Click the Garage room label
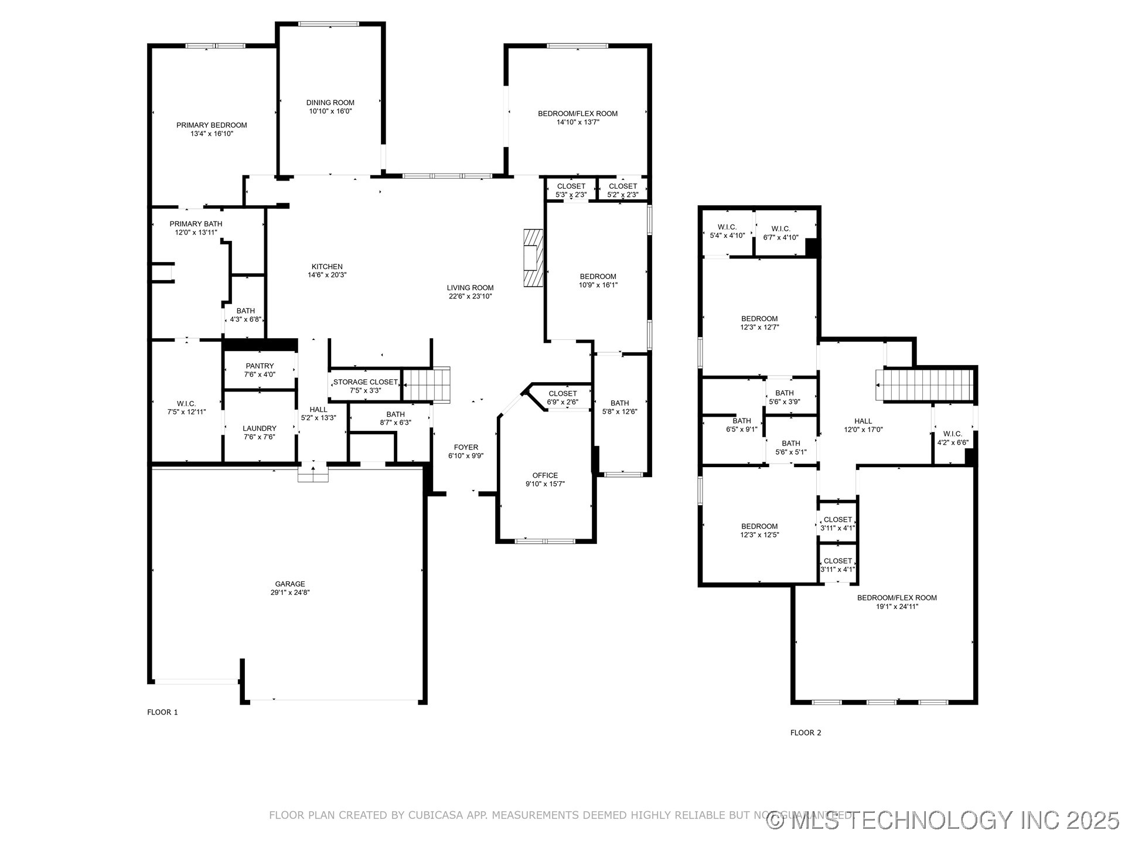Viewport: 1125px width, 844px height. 290,584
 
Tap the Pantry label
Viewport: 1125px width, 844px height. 260,366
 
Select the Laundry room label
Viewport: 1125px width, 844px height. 260,428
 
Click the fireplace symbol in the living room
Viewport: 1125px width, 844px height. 533,257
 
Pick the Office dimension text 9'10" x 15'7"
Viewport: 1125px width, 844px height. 545,484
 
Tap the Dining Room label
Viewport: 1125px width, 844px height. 330,103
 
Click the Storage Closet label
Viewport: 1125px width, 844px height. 365,382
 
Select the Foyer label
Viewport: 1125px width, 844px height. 466,447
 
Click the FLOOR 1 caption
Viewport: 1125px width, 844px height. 162,712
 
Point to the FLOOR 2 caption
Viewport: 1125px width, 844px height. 806,733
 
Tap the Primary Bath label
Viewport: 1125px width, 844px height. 196,224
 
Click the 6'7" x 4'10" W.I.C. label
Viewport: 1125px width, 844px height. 780,233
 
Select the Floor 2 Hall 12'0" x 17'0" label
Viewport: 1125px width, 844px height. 863,425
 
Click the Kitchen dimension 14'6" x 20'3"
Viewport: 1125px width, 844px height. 327,275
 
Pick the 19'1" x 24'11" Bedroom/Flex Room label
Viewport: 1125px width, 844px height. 896,602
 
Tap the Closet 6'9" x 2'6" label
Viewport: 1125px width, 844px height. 562,397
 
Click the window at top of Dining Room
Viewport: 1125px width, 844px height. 328,24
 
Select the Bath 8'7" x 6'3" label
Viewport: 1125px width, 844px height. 396,418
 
